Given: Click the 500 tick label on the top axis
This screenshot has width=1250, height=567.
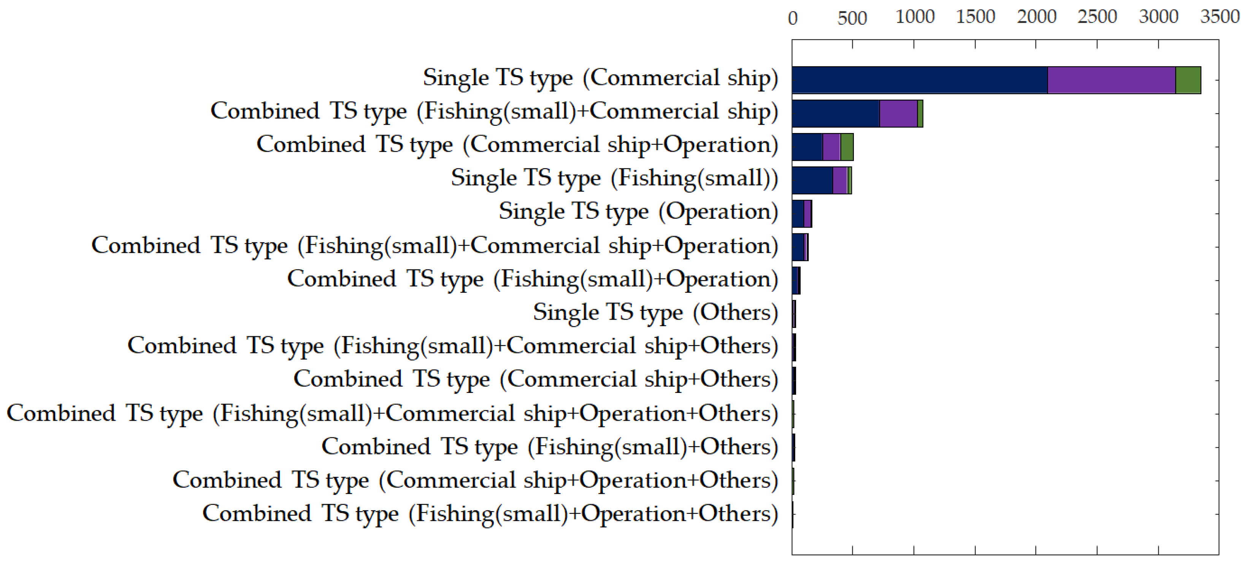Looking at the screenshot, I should pyautogui.click(x=852, y=18).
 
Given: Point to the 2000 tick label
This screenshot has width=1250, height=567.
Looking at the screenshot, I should pyautogui.click(x=1036, y=17).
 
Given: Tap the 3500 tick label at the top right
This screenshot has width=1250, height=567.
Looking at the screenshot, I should pyautogui.click(x=1220, y=17).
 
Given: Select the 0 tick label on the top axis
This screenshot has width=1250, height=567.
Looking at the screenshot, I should pyautogui.click(x=792, y=18).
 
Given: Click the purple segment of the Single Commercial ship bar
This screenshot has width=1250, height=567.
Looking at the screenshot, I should pyautogui.click(x=1111, y=80).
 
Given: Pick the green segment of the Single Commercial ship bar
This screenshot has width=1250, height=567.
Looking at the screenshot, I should pyautogui.click(x=1188, y=80).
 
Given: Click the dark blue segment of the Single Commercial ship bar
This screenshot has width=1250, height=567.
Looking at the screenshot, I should pyautogui.click(x=920, y=80).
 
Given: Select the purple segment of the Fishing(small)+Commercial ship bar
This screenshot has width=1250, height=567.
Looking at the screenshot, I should pyautogui.click(x=898, y=114).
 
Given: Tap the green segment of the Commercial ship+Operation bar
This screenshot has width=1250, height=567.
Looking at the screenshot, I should pyautogui.click(x=847, y=147).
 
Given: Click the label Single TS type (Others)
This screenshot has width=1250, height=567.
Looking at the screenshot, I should pyautogui.click(x=655, y=312).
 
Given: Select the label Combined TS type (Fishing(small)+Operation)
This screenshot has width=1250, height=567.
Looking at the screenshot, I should pyautogui.click(x=533, y=279).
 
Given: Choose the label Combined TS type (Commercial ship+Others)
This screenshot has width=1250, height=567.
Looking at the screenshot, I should pyautogui.click(x=536, y=379).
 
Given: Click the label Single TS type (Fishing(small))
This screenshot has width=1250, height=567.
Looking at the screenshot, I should pyautogui.click(x=614, y=178).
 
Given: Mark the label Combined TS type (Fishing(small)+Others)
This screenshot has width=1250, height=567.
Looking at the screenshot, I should pyautogui.click(x=550, y=447).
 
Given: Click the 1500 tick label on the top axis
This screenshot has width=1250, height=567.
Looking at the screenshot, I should pyautogui.click(x=976, y=17).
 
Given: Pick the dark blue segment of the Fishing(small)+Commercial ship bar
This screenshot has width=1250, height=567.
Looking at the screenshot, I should pyautogui.click(x=836, y=114).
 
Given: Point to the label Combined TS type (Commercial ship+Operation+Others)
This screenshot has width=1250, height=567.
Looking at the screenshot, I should pyautogui.click(x=476, y=480).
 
